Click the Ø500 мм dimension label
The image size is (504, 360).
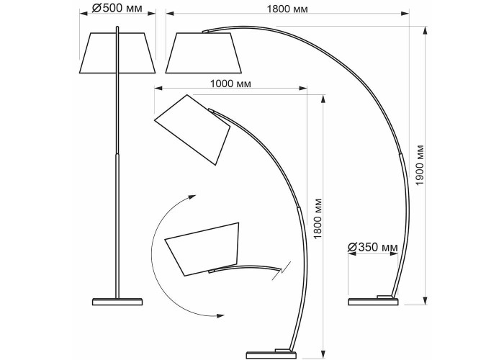pyautogui.click(x=117, y=8)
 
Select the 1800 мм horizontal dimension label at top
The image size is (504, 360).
pyautogui.click(x=287, y=9)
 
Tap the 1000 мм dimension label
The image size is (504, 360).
pyautogui.click(x=230, y=84)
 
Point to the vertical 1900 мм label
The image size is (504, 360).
pyautogui.click(x=420, y=165)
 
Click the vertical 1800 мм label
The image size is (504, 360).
pyautogui.click(x=318, y=219)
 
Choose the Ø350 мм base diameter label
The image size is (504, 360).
pyautogui.click(x=373, y=248)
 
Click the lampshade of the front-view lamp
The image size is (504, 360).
pyautogui.click(x=117, y=53)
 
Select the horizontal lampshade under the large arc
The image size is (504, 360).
pyautogui.click(x=204, y=53)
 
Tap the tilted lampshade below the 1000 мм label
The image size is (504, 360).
pyautogui.click(x=192, y=130)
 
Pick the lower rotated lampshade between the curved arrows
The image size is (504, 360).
pyautogui.click(x=202, y=249)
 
